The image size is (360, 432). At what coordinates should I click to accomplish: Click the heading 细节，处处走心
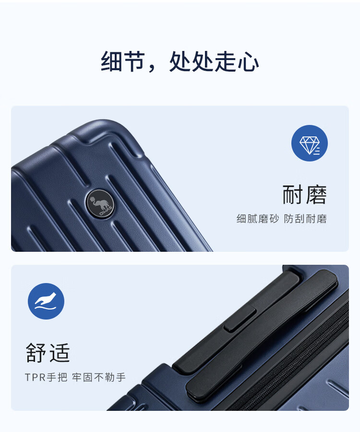click(x=180, y=62)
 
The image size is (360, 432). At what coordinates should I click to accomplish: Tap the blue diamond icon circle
click(x=309, y=143)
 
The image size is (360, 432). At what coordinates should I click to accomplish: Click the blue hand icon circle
click(x=46, y=301)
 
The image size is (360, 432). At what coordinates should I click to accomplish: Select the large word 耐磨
click(x=305, y=195)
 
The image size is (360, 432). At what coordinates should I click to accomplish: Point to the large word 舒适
click(x=48, y=353)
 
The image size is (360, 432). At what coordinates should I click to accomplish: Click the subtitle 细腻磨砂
click(x=258, y=219)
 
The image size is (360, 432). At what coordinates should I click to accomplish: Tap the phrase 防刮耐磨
click(x=305, y=219)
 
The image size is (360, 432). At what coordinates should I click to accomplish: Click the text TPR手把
click(x=46, y=377)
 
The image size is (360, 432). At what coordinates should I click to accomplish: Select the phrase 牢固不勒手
click(x=99, y=377)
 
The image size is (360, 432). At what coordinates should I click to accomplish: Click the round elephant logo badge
click(x=100, y=204)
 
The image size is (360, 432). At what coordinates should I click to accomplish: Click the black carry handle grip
click(x=262, y=336)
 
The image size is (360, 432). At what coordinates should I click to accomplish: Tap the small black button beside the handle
click(x=240, y=320)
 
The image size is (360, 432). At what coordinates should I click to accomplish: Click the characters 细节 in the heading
click(x=123, y=62)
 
